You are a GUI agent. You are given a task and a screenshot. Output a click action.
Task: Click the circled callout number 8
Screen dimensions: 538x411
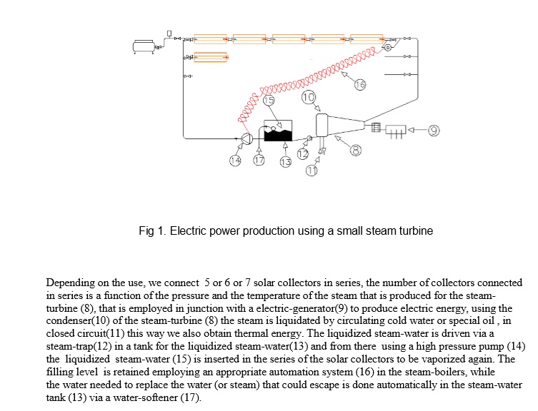click(356, 150)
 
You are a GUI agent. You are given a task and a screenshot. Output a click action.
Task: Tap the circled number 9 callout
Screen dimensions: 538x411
click(434, 131)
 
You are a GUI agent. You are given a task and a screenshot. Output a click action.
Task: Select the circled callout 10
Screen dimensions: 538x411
click(308, 97)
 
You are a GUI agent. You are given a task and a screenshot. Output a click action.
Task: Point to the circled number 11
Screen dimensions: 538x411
click(312, 171)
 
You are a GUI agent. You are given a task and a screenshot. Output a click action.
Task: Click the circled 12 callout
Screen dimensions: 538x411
click(303, 154)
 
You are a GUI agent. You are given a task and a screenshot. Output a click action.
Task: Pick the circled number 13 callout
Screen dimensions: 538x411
click(286, 161)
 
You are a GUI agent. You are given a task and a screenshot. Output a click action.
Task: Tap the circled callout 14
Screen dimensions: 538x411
click(235, 160)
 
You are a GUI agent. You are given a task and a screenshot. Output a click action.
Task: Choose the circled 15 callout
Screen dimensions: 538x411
click(269, 100)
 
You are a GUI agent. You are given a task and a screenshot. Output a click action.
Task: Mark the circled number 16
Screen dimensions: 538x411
click(359, 84)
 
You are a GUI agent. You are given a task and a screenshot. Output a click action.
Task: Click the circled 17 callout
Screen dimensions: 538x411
click(259, 160)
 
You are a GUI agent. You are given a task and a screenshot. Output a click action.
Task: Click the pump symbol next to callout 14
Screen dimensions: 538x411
click(247, 138)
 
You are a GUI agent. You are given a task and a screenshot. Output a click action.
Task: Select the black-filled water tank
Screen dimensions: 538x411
click(278, 131)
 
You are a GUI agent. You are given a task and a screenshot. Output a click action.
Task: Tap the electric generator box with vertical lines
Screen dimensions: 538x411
click(396, 130)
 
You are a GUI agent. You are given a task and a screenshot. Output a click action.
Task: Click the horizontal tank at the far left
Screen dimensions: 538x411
click(144, 46)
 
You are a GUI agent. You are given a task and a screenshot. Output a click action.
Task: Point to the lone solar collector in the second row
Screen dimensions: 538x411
click(210, 57)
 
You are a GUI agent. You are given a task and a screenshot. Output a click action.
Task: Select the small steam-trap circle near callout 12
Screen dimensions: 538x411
click(309, 138)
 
